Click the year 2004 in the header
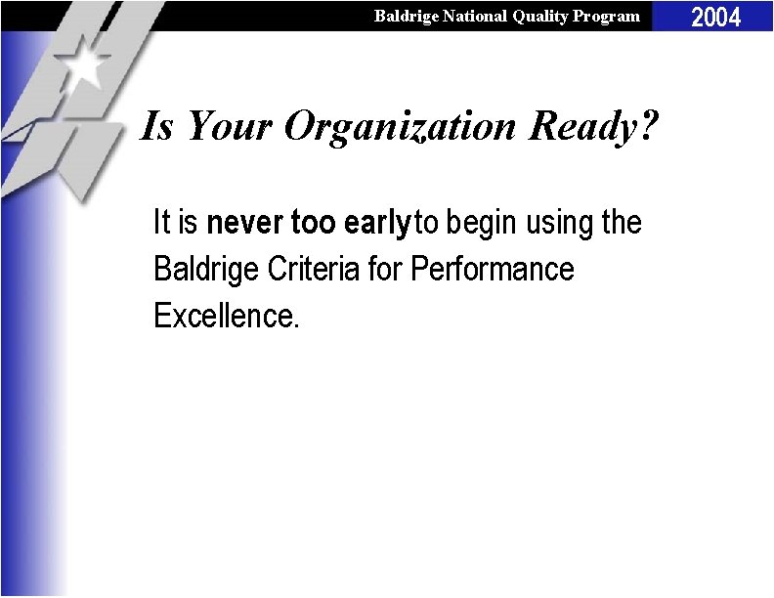[x=716, y=17]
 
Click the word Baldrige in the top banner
[x=405, y=16]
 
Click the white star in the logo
[x=87, y=64]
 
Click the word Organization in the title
[x=398, y=127]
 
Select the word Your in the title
[x=230, y=125]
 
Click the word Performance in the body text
[x=494, y=269]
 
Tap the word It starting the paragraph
[x=162, y=224]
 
